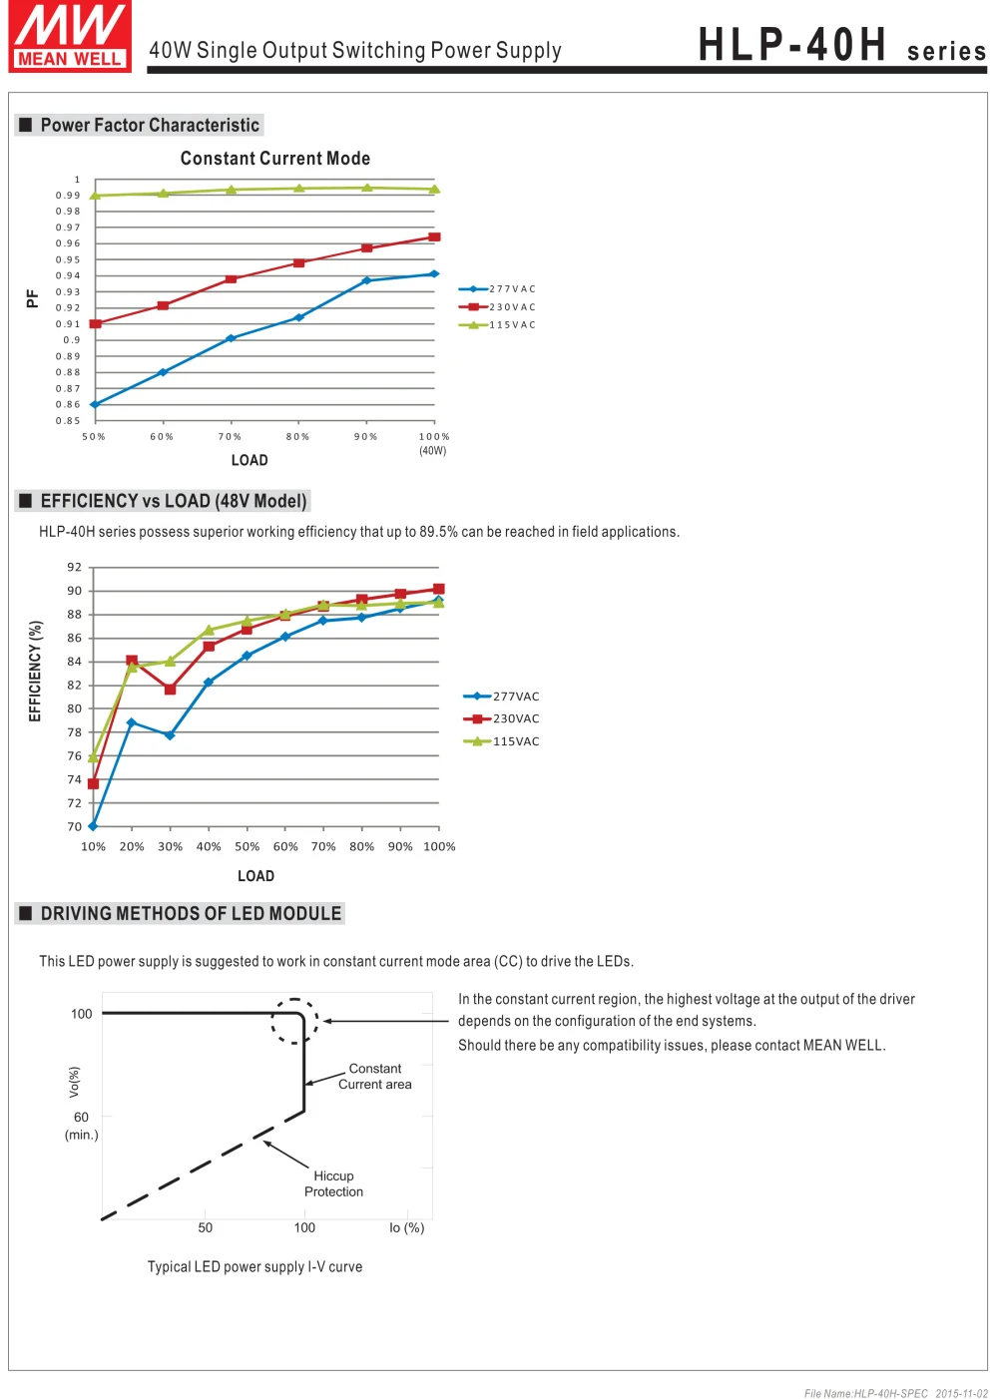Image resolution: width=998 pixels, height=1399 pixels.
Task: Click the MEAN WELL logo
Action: click(x=70, y=37)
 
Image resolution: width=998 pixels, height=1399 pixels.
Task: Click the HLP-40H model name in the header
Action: click(x=792, y=45)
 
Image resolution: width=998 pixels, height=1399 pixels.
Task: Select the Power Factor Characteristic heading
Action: click(x=150, y=125)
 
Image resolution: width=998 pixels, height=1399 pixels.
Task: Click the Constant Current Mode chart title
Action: click(x=275, y=159)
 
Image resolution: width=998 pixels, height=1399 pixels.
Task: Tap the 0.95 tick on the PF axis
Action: click(x=68, y=259)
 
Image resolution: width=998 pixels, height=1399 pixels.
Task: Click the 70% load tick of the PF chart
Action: click(x=231, y=437)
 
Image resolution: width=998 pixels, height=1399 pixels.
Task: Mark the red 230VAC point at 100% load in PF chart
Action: click(x=434, y=237)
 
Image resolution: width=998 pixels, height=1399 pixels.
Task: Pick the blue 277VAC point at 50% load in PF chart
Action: click(x=95, y=404)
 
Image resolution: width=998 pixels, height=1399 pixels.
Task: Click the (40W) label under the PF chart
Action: click(x=433, y=451)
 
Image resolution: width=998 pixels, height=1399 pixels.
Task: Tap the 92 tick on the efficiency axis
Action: click(x=75, y=567)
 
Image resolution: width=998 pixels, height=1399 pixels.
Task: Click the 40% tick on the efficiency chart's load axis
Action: click(x=209, y=846)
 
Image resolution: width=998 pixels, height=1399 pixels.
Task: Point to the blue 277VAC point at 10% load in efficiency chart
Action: click(x=93, y=826)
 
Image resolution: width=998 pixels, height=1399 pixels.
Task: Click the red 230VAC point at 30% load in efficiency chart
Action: click(x=170, y=690)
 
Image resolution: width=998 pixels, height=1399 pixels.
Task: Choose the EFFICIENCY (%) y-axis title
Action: click(x=35, y=671)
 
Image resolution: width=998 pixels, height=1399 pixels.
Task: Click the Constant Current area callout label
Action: click(x=375, y=1077)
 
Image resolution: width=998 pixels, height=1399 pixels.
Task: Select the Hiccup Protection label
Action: click(x=333, y=1184)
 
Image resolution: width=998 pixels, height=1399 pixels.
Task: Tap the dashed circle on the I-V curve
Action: click(x=294, y=1021)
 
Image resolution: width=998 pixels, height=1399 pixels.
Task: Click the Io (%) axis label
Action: click(x=406, y=1228)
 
